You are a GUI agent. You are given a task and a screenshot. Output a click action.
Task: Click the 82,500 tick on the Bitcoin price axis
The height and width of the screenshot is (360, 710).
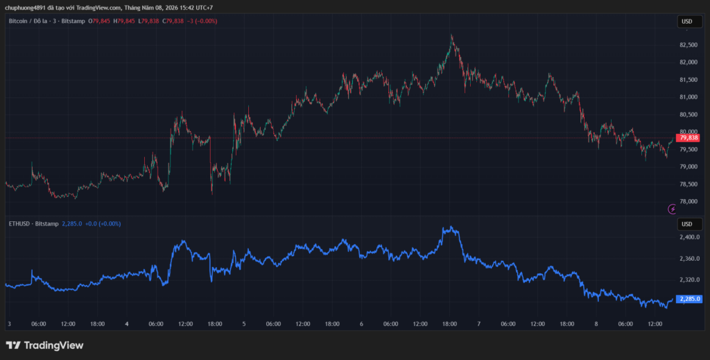click(689, 45)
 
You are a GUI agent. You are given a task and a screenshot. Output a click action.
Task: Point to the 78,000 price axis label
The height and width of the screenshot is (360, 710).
click(689, 202)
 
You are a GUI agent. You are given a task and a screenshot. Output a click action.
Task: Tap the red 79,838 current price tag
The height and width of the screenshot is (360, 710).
click(688, 137)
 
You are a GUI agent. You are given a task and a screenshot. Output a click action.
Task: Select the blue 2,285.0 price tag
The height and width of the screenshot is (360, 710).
click(689, 299)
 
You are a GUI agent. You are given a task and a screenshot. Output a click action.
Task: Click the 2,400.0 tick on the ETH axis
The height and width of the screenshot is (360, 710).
click(690, 237)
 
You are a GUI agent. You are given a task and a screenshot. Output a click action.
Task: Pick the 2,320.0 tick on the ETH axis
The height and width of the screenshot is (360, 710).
click(690, 280)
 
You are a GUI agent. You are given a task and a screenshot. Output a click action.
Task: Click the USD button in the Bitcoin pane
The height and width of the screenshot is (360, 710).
click(687, 22)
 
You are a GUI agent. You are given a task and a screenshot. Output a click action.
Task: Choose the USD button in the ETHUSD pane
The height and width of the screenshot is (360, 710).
click(687, 224)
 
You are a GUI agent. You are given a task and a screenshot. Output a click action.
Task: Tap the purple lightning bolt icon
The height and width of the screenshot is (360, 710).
click(673, 209)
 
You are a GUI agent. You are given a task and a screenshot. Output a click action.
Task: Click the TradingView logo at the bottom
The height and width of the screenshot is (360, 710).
click(44, 345)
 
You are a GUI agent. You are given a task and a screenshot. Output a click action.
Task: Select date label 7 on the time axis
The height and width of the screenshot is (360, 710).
click(478, 324)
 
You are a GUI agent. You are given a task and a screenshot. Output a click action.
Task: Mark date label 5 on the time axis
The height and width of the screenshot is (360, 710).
click(244, 324)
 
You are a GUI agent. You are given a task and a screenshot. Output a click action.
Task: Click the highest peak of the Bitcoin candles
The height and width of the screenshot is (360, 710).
click(451, 35)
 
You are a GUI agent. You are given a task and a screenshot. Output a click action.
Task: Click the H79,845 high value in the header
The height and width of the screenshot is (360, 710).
click(124, 22)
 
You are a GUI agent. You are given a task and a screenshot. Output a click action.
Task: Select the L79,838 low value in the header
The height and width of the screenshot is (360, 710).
click(148, 22)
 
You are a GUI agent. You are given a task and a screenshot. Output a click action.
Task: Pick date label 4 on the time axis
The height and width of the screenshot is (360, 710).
click(127, 324)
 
